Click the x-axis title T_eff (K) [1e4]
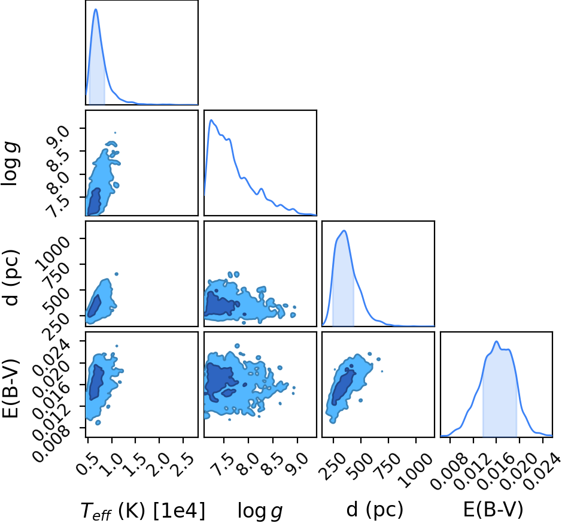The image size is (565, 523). click(143, 511)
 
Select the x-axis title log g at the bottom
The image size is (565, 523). click(260, 512)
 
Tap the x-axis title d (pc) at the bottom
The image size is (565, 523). click(375, 510)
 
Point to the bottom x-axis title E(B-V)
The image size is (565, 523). click(493, 510)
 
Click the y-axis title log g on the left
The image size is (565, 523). click(10, 164)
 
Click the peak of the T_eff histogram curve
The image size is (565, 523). click(96, 9)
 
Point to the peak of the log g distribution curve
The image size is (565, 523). click(211, 120)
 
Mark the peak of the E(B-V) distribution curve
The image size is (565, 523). click(497, 341)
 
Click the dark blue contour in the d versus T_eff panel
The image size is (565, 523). click(95, 306)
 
